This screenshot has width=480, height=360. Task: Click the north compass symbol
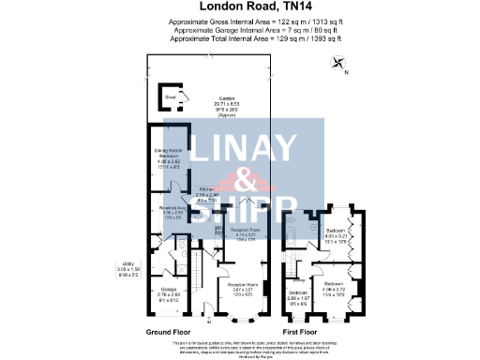pos(337,64)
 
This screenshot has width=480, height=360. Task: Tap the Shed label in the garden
pos(171,96)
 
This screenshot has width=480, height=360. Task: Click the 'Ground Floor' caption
pos(169,333)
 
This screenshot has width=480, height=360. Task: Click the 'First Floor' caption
pos(303,333)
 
